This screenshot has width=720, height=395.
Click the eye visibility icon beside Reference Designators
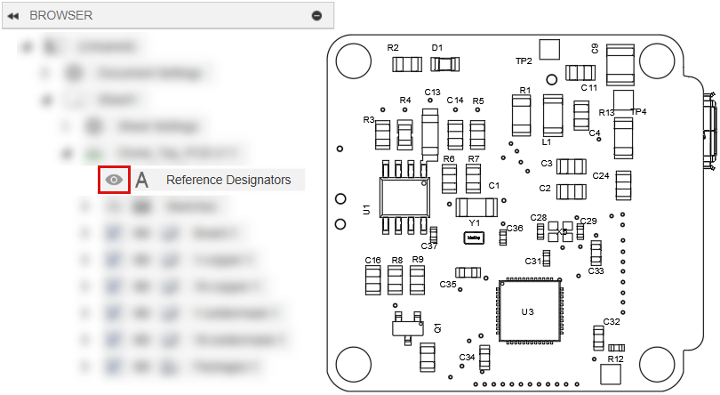(114, 180)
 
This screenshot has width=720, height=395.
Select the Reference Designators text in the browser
(228, 180)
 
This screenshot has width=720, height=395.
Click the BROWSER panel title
(60, 15)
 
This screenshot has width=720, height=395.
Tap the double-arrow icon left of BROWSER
(13, 15)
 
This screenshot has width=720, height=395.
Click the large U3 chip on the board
(528, 310)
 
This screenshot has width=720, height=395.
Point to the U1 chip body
(404, 197)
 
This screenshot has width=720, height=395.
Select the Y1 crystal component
(474, 238)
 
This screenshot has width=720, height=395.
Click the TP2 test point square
(550, 48)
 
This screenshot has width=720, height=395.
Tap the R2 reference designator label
(393, 47)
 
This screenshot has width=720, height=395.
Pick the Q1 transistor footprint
(405, 326)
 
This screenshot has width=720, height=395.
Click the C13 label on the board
(432, 92)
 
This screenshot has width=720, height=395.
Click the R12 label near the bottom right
(613, 359)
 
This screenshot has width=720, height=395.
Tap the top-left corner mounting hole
(353, 59)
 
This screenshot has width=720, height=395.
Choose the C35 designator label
(448, 284)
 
